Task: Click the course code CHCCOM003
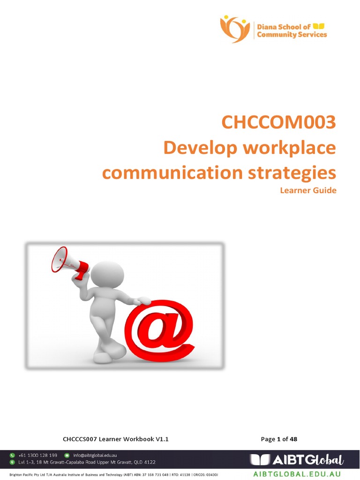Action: click(278, 123)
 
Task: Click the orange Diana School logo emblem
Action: click(235, 28)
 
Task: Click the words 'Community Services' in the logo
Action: click(292, 34)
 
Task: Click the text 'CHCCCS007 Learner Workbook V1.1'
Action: click(115, 439)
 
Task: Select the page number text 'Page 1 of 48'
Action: click(279, 439)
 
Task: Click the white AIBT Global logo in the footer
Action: click(297, 459)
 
